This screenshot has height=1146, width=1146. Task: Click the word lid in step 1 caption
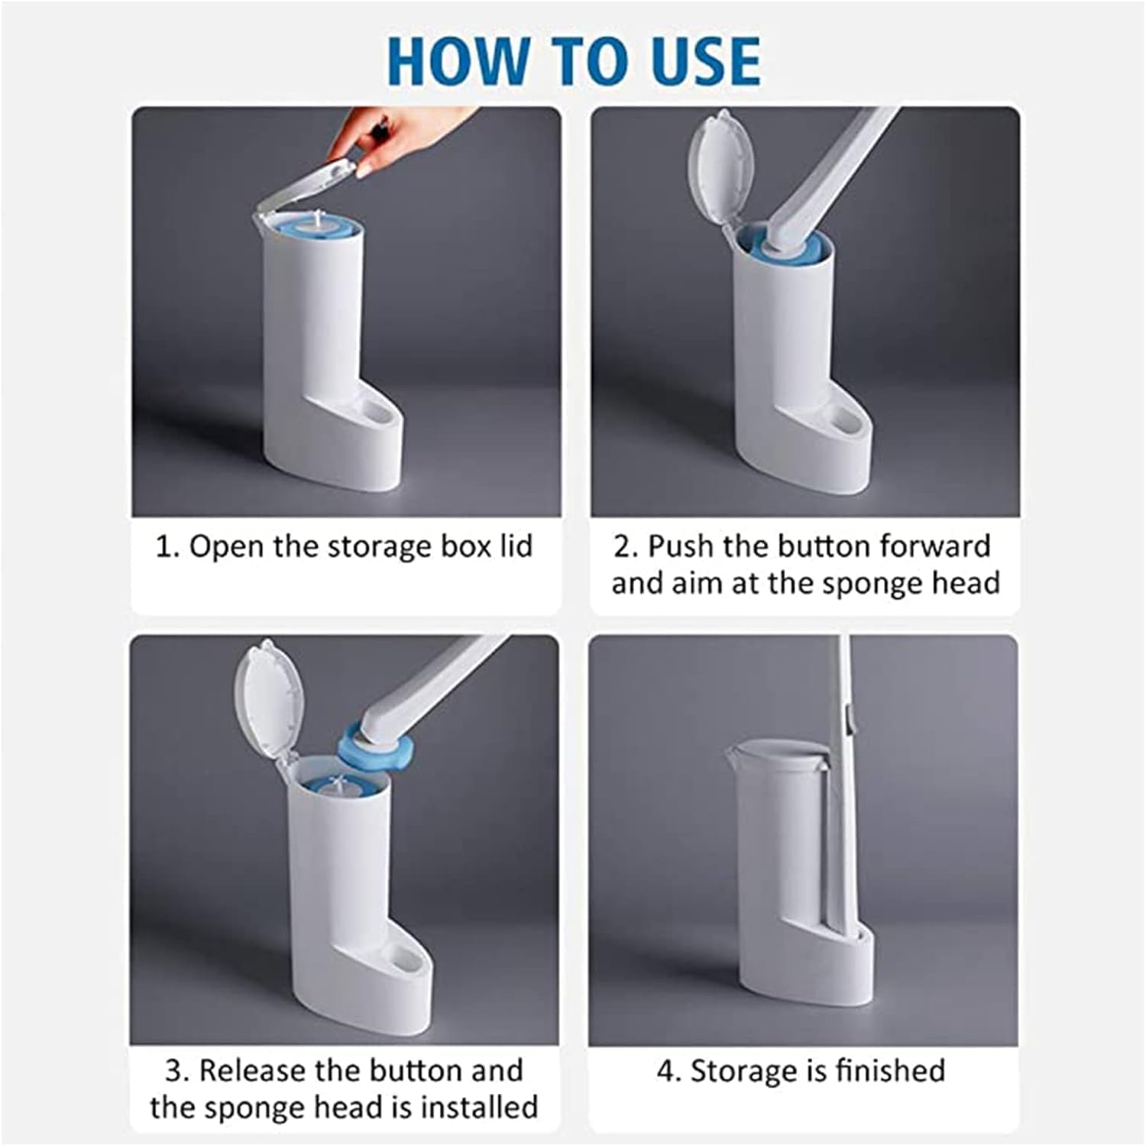(x=516, y=547)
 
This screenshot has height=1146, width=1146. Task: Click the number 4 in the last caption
(x=665, y=1071)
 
